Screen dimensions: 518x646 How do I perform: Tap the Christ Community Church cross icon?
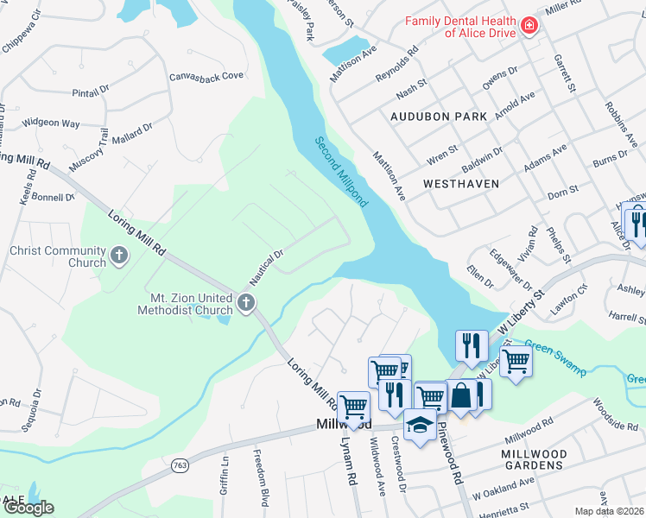pyautogui.click(x=119, y=256)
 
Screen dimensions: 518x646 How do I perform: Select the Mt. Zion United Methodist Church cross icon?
pyautogui.click(x=246, y=303)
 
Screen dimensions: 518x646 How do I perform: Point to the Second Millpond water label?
pyautogui.click(x=341, y=172)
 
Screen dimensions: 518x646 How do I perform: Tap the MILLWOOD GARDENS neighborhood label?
pyautogui.click(x=535, y=459)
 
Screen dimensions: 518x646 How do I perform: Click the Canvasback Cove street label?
pyautogui.click(x=206, y=76)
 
